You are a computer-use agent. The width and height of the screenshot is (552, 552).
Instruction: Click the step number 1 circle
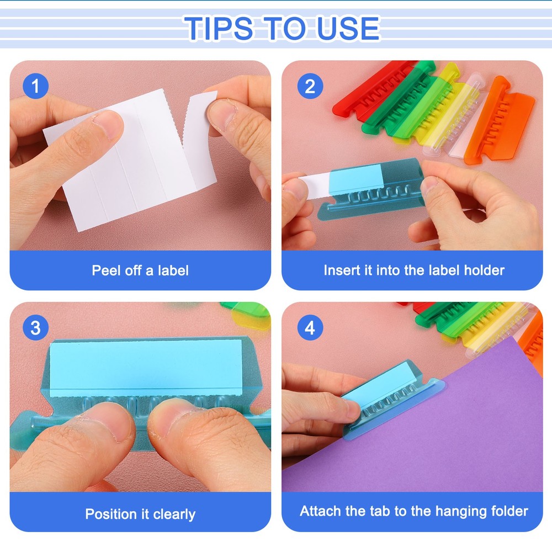(x=36, y=87)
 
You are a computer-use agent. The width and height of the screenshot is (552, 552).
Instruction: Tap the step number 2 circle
(x=310, y=87)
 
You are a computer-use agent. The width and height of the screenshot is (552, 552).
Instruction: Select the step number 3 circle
(x=36, y=328)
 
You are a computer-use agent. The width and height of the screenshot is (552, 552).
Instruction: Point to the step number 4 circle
(x=310, y=328)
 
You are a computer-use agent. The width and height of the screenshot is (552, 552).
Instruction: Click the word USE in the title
(x=347, y=28)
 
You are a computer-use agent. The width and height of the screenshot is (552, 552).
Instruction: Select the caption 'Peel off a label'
(x=140, y=270)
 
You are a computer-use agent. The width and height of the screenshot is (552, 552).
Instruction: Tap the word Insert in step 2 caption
(x=341, y=270)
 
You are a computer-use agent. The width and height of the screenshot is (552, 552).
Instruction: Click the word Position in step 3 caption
(x=110, y=514)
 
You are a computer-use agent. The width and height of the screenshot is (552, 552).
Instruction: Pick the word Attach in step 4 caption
(x=321, y=511)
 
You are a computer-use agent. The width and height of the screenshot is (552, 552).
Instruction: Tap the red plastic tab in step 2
(x=370, y=88)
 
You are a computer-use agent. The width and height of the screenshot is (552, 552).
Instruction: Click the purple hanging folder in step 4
(x=442, y=431)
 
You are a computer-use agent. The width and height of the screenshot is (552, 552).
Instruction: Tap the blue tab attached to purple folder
(x=386, y=400)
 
